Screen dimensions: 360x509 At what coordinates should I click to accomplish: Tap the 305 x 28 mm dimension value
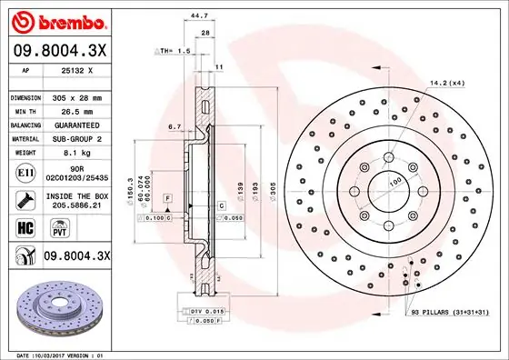tap(79, 96)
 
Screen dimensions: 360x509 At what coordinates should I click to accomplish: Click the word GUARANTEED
tap(79, 125)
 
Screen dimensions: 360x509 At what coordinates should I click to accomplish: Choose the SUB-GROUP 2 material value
tap(79, 138)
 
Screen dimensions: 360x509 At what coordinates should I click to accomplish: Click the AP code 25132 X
tap(79, 69)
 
